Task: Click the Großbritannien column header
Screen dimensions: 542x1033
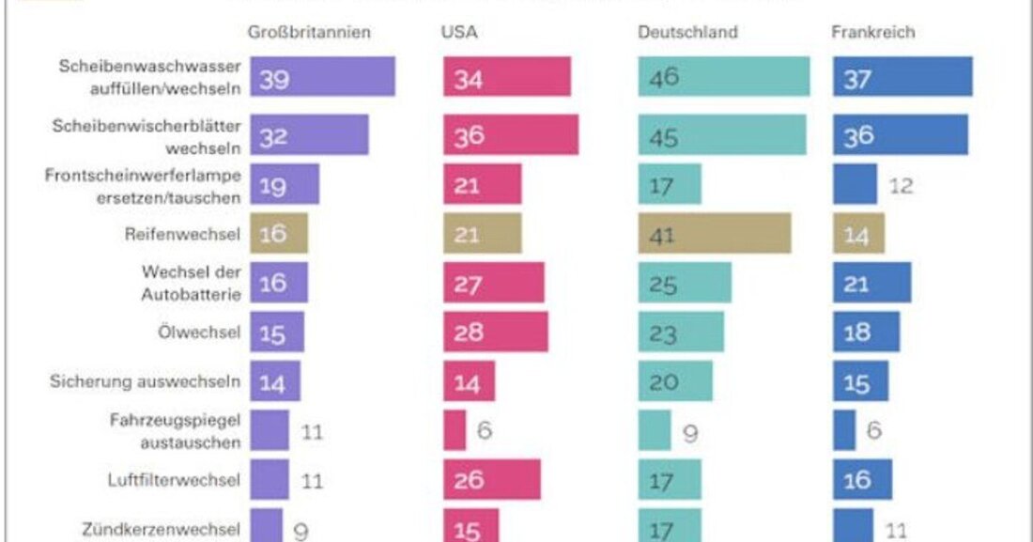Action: pos(309,32)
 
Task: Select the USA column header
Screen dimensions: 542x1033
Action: pos(459,32)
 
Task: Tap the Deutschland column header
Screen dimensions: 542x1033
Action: pos(687,32)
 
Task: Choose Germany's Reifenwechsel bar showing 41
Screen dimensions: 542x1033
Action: pos(715,233)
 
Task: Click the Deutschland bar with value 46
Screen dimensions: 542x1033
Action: pos(724,77)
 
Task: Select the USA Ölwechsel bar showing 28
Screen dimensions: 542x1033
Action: pos(496,332)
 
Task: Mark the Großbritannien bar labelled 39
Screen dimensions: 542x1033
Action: pos(322,77)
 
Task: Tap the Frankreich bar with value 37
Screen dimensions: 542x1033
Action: pos(902,77)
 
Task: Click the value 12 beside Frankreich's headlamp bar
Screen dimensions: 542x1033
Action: pos(902,185)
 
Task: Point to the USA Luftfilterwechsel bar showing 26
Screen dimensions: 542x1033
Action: pos(492,480)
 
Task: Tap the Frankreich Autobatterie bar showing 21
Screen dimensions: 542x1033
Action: pos(871,283)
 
